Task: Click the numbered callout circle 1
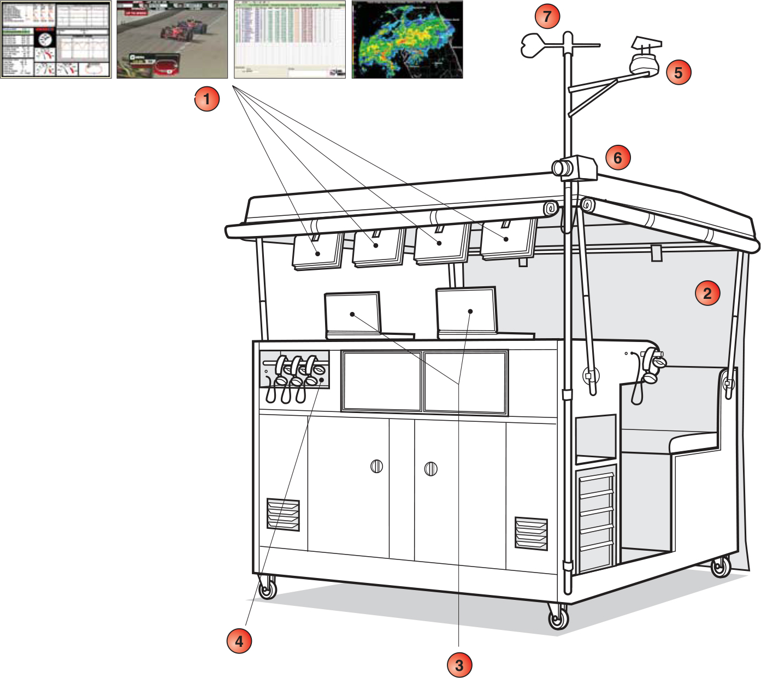207,99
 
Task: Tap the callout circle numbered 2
707,293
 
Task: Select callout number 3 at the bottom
459,665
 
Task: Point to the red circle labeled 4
239,640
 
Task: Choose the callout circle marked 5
678,72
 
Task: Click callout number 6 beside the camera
618,158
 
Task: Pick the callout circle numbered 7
547,16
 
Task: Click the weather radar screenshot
407,39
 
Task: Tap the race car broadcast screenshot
172,39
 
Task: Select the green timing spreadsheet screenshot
290,39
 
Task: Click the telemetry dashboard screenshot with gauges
56,39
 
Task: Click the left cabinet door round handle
376,467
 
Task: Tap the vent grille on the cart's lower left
283,514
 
